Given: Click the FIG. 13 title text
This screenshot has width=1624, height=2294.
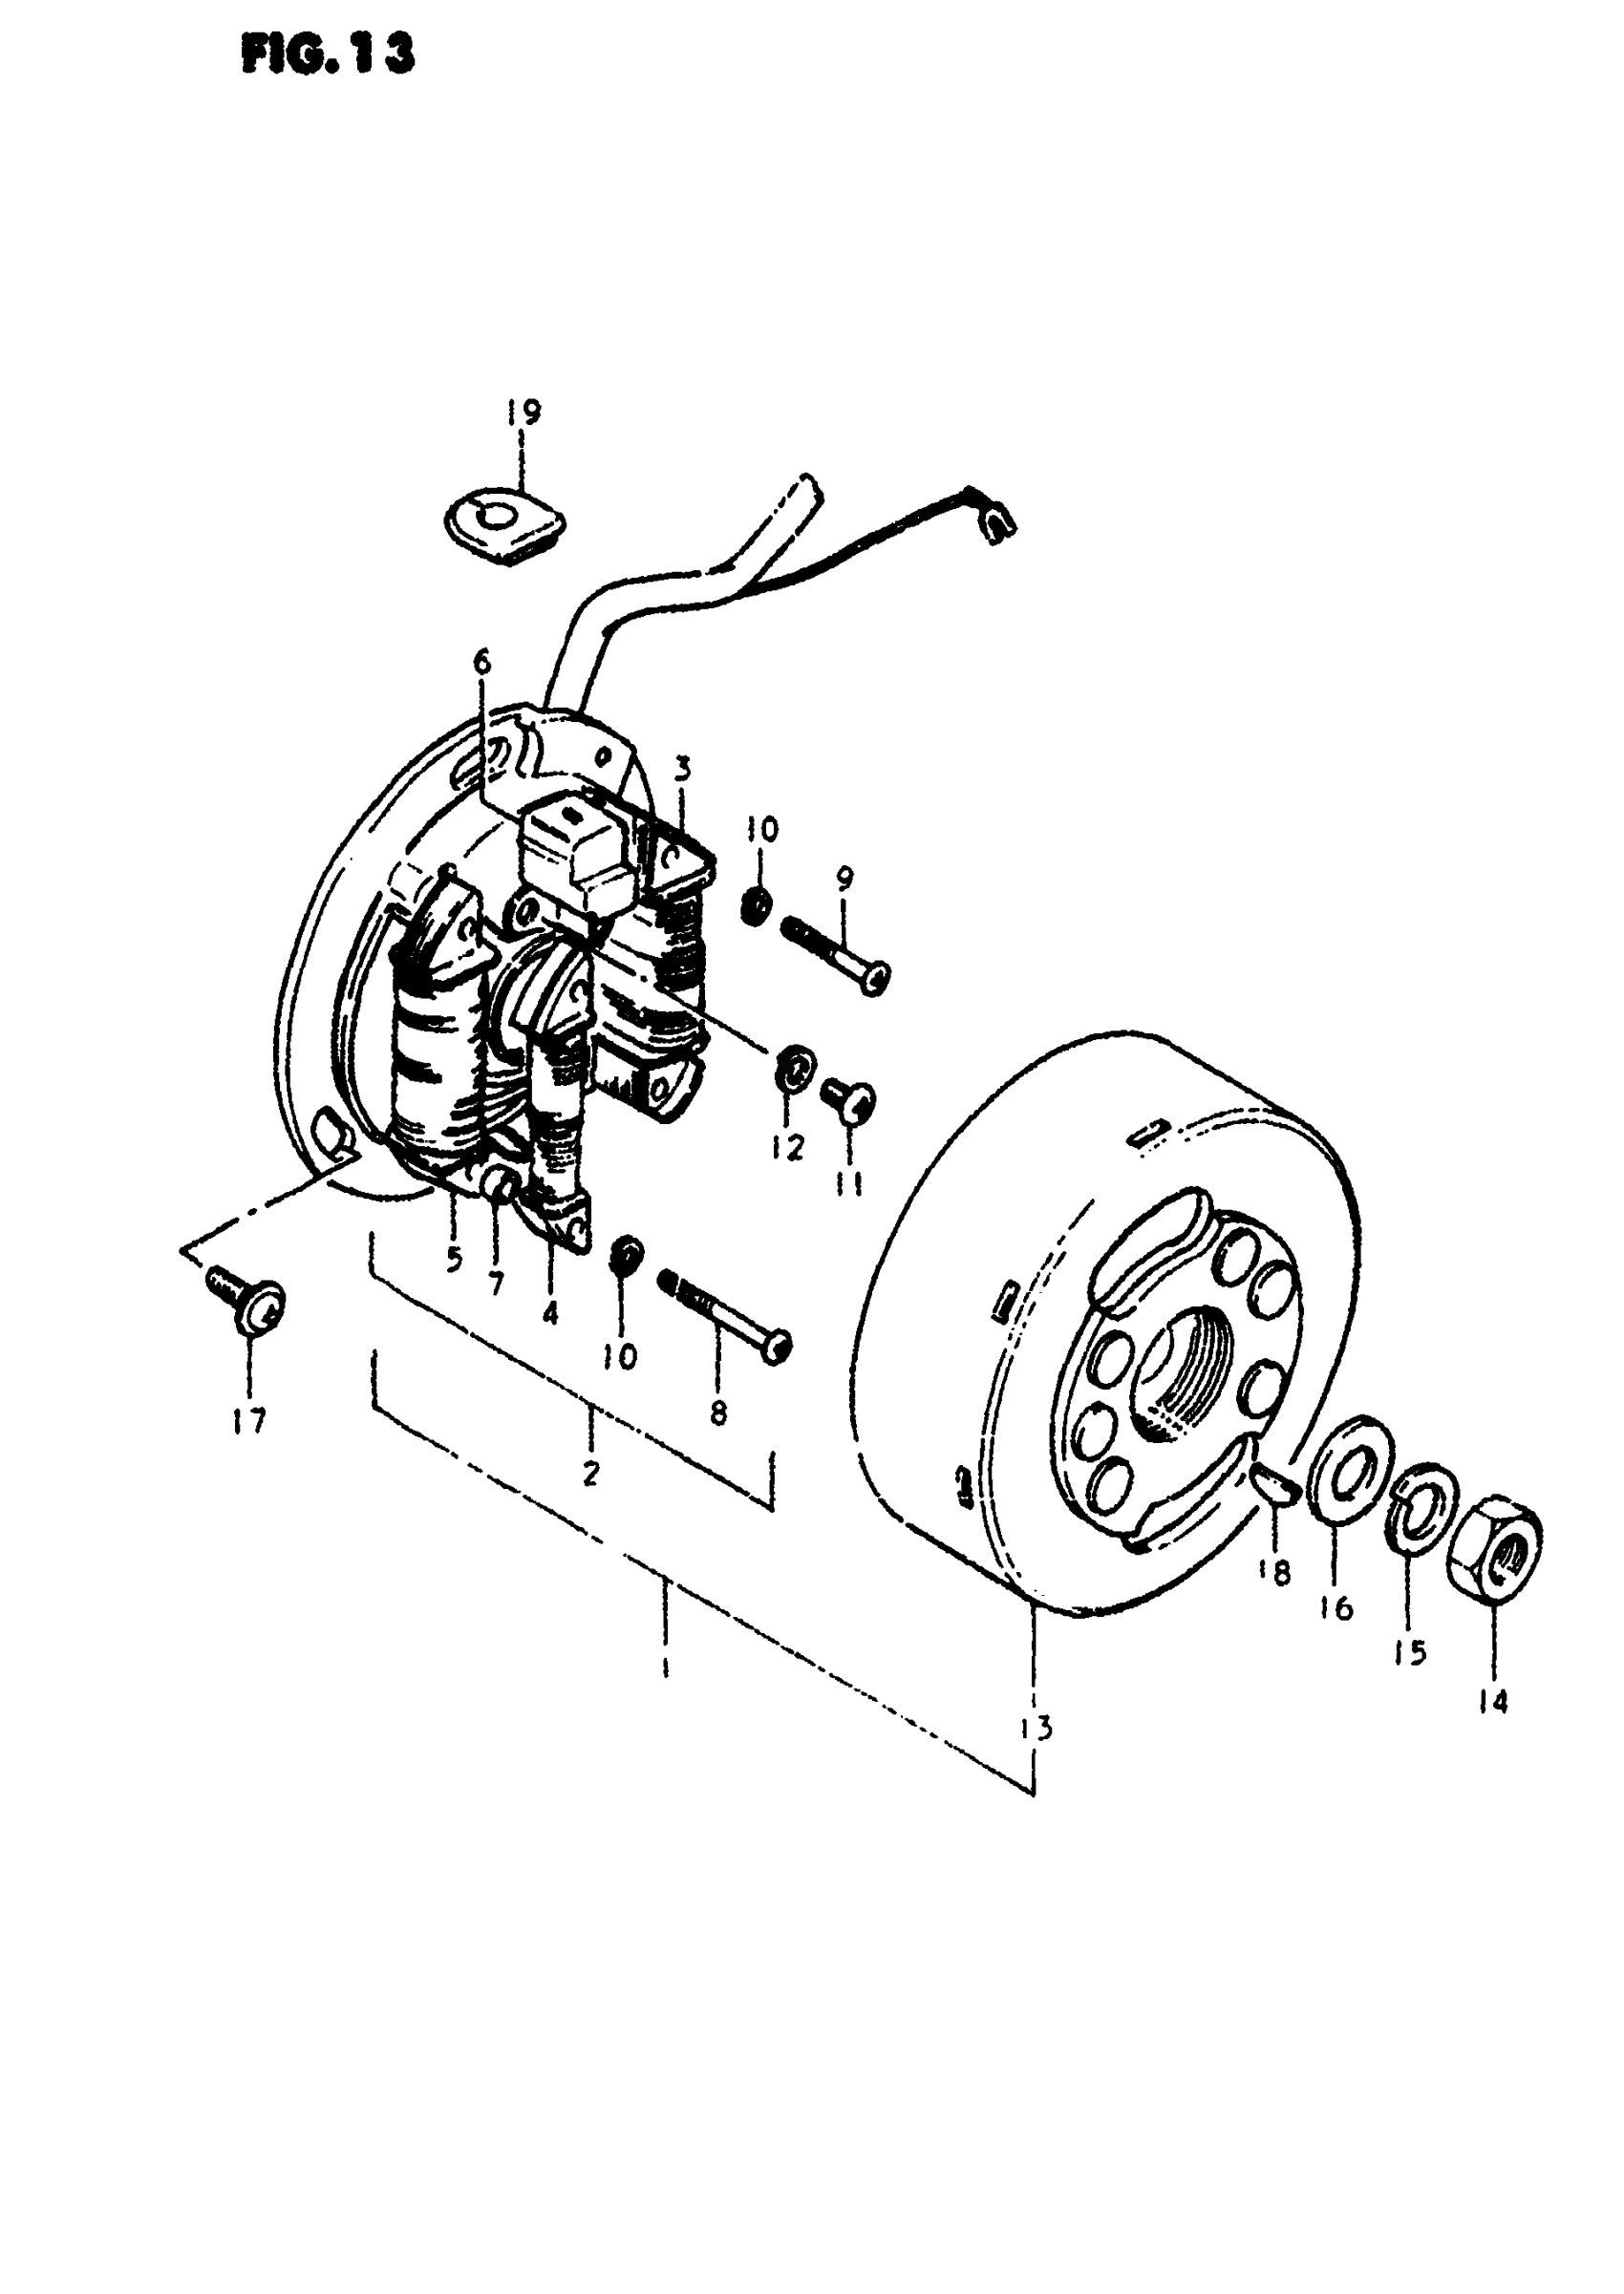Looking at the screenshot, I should coord(327,56).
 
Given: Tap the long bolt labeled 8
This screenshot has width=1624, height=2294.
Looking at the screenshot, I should coord(726,1314).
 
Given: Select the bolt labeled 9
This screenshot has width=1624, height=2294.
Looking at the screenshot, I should coord(835,950).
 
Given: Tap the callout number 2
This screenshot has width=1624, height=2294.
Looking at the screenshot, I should coord(591,1473).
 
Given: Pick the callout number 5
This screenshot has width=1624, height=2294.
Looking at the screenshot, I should coord(454,1260).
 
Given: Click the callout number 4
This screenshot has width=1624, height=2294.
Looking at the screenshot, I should coord(550,1312).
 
